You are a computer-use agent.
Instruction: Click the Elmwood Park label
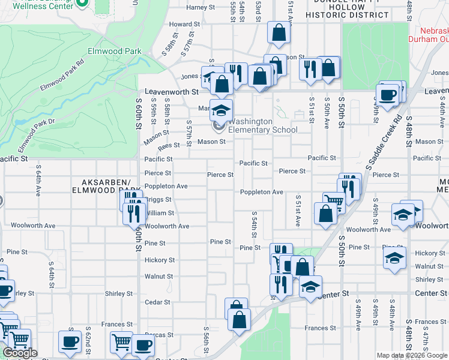[114, 52]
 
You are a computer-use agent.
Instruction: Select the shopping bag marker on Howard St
[279, 34]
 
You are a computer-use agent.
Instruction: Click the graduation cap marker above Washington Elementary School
[221, 110]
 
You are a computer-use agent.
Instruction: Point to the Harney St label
[200, 8]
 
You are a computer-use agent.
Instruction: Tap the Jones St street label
[192, 77]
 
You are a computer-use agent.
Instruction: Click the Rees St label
[169, 145]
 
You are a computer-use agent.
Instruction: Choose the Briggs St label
[158, 200]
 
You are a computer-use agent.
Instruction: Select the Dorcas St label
[159, 335]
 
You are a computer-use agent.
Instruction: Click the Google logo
[20, 353]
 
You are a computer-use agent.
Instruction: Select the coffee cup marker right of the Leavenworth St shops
[387, 95]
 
